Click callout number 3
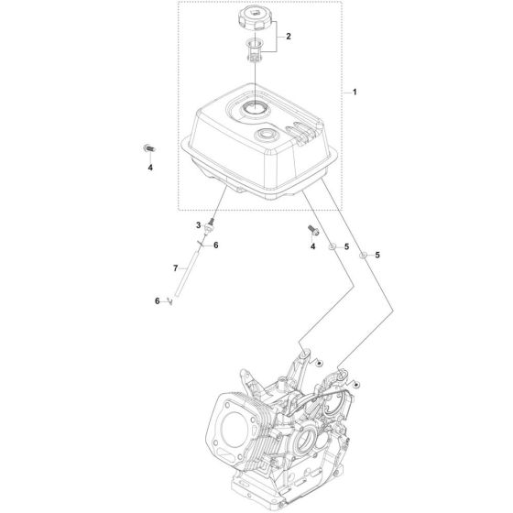(x=195, y=225)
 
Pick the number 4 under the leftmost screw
(x=151, y=168)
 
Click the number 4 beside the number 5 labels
(x=312, y=247)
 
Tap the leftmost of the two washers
(x=335, y=247)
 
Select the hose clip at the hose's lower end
(x=169, y=302)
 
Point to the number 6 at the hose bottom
(x=157, y=301)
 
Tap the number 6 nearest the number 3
(x=215, y=245)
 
